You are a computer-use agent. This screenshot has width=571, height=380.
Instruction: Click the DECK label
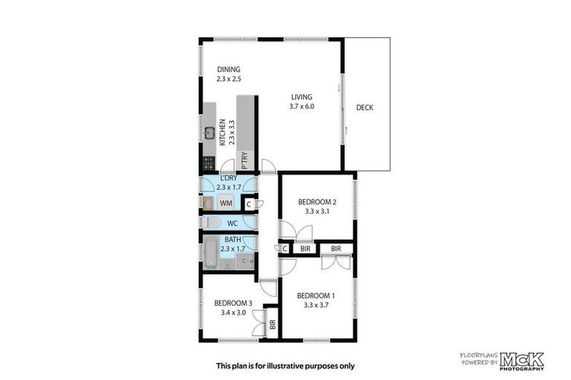[x=364, y=108]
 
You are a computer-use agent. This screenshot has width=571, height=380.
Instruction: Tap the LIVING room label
[x=302, y=97]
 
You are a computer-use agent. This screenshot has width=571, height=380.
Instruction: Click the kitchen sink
[x=210, y=134]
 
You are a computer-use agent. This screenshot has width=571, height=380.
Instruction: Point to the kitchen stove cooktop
[x=209, y=162]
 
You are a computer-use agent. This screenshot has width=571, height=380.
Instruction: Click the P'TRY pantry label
[x=244, y=160]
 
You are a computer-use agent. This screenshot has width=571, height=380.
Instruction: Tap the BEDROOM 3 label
[x=233, y=303]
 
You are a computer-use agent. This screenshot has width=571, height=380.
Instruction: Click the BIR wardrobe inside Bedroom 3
[x=272, y=324]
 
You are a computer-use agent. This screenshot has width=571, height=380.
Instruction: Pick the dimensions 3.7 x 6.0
[x=302, y=107]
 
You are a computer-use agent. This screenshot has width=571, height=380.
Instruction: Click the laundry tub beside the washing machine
[x=208, y=203]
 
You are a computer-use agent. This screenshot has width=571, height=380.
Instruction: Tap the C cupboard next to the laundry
[x=249, y=203]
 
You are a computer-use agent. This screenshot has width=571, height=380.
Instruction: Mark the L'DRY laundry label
[x=228, y=177]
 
